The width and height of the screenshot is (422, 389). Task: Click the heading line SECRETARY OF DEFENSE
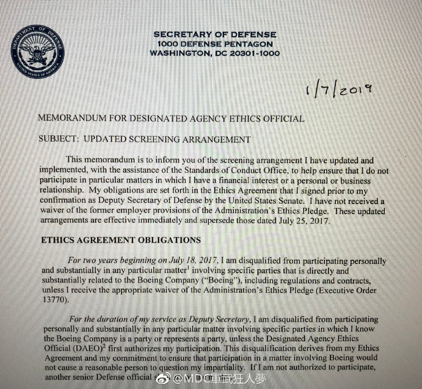(x=215, y=35)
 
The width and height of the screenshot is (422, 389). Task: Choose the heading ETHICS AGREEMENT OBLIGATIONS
(x=121, y=240)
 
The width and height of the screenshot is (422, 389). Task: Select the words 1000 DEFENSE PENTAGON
(x=215, y=44)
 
